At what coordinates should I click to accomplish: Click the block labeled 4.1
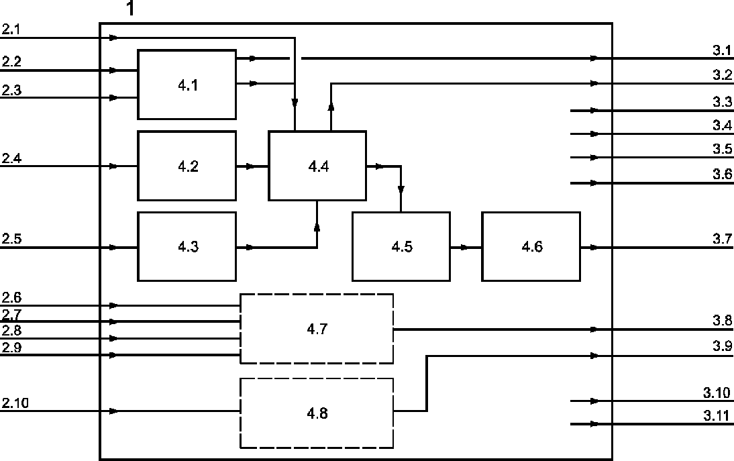(x=187, y=85)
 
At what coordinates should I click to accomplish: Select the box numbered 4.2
(x=187, y=166)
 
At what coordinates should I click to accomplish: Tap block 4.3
(x=187, y=247)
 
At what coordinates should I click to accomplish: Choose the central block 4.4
(x=317, y=166)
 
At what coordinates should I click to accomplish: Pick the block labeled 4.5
(x=401, y=247)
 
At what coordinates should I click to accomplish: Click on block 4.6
(x=531, y=247)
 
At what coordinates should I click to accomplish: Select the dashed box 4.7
(x=317, y=329)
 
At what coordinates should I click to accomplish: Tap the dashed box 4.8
(x=317, y=413)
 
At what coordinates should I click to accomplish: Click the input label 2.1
(x=11, y=30)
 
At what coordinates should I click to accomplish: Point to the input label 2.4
(x=11, y=158)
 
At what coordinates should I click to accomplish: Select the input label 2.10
(x=15, y=403)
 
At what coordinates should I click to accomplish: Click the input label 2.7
(x=11, y=314)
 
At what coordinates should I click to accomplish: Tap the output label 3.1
(x=723, y=50)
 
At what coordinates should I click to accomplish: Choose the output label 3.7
(x=723, y=239)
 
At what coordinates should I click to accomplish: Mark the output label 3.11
(x=717, y=415)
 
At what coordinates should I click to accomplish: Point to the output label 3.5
(x=723, y=149)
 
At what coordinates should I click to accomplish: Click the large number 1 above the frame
(x=131, y=9)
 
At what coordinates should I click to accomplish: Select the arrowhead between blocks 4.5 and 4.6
(x=464, y=247)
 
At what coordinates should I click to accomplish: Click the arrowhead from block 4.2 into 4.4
(x=250, y=166)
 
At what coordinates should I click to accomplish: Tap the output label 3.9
(x=723, y=346)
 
